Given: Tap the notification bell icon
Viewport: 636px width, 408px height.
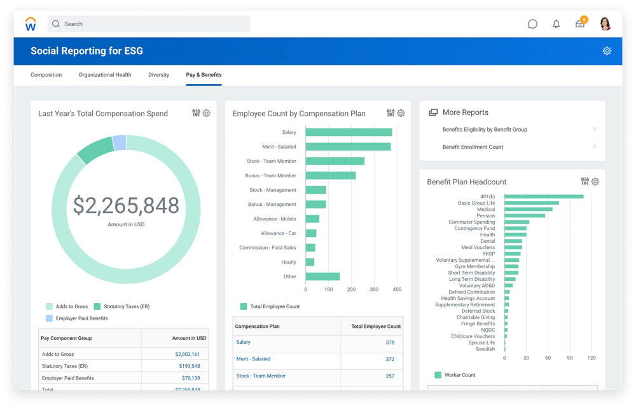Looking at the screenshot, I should click(556, 24).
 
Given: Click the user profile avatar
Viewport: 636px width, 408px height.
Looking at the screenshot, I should click(605, 24).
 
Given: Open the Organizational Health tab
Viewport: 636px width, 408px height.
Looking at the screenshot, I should click(105, 75).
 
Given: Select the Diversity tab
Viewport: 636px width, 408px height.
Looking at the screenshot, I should click(158, 75).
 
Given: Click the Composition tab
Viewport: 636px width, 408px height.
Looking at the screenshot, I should click(46, 75).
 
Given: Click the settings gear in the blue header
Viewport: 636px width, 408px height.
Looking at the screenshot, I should click(607, 51).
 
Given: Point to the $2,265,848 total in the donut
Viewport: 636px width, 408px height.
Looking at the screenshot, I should click(126, 205).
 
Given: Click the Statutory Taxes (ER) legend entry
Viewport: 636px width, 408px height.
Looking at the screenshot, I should click(121, 306).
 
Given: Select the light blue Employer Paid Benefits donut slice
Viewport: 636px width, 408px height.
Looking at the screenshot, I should click(119, 143).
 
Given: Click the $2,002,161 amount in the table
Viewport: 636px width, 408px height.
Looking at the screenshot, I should click(187, 354).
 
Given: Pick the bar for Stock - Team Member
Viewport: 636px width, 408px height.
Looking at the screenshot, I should click(335, 161).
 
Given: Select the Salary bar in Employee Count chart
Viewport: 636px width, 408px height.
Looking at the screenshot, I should click(349, 132).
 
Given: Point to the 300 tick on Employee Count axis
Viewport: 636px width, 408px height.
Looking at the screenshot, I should click(374, 289).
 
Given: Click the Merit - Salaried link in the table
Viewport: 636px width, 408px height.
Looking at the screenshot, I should click(253, 359).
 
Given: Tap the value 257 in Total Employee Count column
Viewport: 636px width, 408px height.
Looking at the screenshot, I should click(390, 376).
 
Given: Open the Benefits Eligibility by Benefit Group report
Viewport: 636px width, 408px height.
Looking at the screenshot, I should click(485, 130).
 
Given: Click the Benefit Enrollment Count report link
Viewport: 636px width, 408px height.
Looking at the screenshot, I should click(473, 147).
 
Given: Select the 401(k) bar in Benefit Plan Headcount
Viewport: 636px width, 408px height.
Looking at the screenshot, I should click(544, 196).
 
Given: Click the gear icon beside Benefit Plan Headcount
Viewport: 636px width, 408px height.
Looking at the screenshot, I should click(595, 182).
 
